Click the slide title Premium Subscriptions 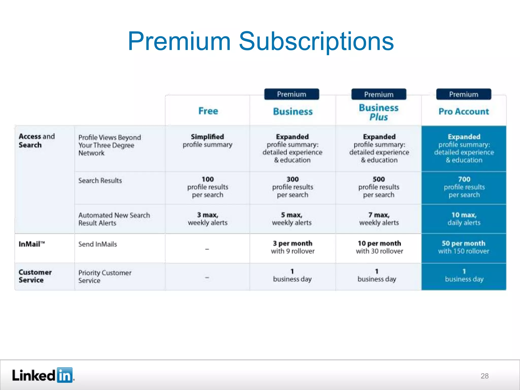pos(261,41)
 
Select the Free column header pos(208,111)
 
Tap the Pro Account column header pos(464,111)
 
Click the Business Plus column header pos(379,112)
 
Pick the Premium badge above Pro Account pos(464,94)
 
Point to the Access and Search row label pos(37,141)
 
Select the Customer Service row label pos(35,276)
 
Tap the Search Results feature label pos(100,181)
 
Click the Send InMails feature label pos(97,244)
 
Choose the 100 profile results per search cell pos(208,187)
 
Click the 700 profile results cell pos(464,187)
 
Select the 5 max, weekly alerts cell pos(292,219)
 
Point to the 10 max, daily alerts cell pos(464,219)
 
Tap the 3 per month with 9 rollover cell pos(292,247)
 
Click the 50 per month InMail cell pos(464,247)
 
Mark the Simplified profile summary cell pos(207,141)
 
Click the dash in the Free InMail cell pos(207,249)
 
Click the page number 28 pos(484,376)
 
